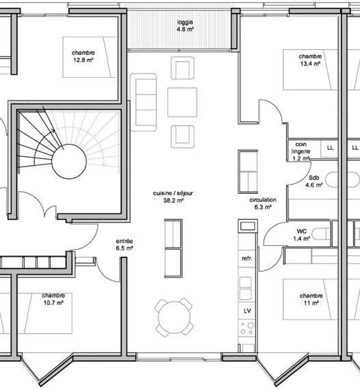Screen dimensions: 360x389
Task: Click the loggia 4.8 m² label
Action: pyautogui.click(x=185, y=25)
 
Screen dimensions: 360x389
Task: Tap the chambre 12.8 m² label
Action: pyautogui.click(x=83, y=57)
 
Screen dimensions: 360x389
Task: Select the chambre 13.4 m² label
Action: pyautogui.click(x=310, y=60)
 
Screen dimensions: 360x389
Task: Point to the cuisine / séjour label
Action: pyautogui.click(x=173, y=193)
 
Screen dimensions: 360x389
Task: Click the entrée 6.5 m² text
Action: pyautogui.click(x=124, y=244)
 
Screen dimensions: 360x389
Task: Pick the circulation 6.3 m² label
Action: pyautogui.click(x=263, y=203)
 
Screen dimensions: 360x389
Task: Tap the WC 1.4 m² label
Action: pyautogui.click(x=302, y=235)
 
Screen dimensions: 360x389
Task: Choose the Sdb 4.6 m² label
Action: pyautogui.click(x=314, y=182)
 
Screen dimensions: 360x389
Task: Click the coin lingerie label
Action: pyautogui.click(x=301, y=148)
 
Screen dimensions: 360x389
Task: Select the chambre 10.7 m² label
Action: pyautogui.click(x=53, y=299)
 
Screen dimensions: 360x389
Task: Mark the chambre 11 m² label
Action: pyautogui.click(x=311, y=299)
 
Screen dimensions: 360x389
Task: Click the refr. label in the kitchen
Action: pyautogui.click(x=247, y=259)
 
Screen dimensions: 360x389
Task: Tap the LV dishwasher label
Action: pyautogui.click(x=247, y=311)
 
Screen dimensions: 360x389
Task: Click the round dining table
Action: pyautogui.click(x=174, y=317)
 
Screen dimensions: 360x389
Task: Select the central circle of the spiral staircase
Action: pyautogui.click(x=69, y=162)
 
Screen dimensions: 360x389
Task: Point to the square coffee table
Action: pyautogui.click(x=182, y=102)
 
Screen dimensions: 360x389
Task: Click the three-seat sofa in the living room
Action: pyautogui.click(x=143, y=102)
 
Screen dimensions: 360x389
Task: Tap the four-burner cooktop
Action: pyautogui.click(x=247, y=328)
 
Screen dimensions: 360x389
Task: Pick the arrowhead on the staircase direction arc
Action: pyautogui.click(x=53, y=131)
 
